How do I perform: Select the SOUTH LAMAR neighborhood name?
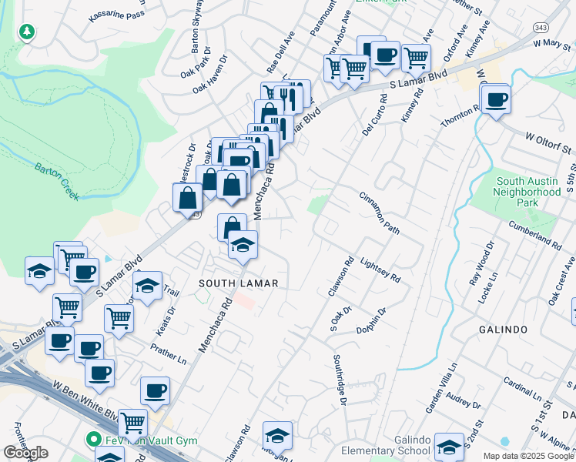pos(238,283)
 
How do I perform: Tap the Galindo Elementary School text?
pos(412,445)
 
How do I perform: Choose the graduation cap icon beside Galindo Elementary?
pos(449,445)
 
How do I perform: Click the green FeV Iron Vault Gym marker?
pos(94,440)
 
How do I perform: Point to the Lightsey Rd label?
pos(381,269)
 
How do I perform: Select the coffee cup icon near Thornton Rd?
pos(497,99)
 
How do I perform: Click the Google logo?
pos(25,452)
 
